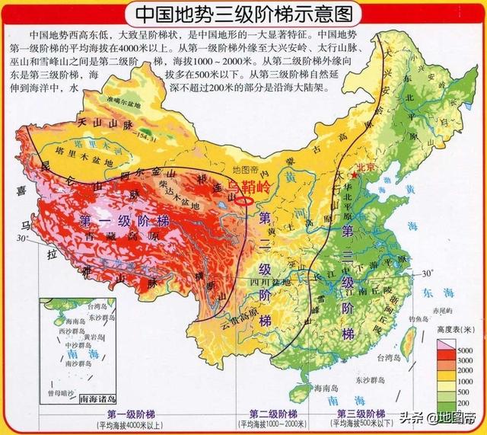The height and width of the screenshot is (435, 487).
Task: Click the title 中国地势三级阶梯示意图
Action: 243,14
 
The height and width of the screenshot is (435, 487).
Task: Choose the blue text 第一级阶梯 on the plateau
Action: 124,221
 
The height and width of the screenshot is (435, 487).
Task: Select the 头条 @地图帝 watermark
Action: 449,417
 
